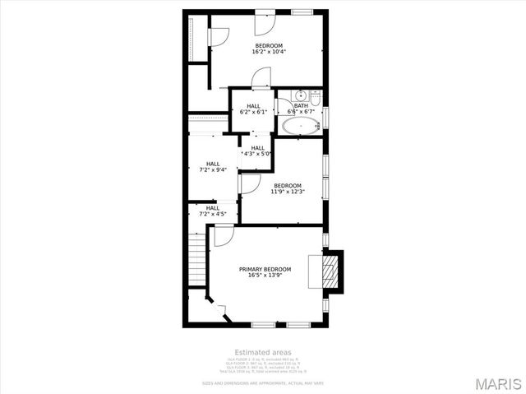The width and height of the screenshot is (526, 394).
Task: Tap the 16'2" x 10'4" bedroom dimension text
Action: click(x=268, y=52)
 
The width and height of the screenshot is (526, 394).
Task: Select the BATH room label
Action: click(x=301, y=105)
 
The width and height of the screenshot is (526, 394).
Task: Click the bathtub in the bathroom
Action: click(x=300, y=127)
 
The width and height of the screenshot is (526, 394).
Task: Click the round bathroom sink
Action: click(x=301, y=95)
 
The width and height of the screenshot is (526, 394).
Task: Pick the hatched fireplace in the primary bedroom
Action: click(x=330, y=271)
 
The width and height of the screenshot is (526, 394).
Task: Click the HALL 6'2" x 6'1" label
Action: click(x=253, y=109)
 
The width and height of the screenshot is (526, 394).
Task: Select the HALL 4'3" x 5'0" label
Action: click(x=257, y=151)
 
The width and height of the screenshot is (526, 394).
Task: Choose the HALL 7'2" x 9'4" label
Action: click(x=213, y=167)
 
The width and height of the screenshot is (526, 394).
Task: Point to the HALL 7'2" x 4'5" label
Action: click(x=213, y=211)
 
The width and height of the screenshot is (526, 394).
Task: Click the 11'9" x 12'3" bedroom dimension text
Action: click(x=288, y=192)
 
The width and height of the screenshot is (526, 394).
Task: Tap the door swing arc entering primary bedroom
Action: click(x=224, y=236)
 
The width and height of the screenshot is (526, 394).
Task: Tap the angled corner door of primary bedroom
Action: click(x=217, y=305)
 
